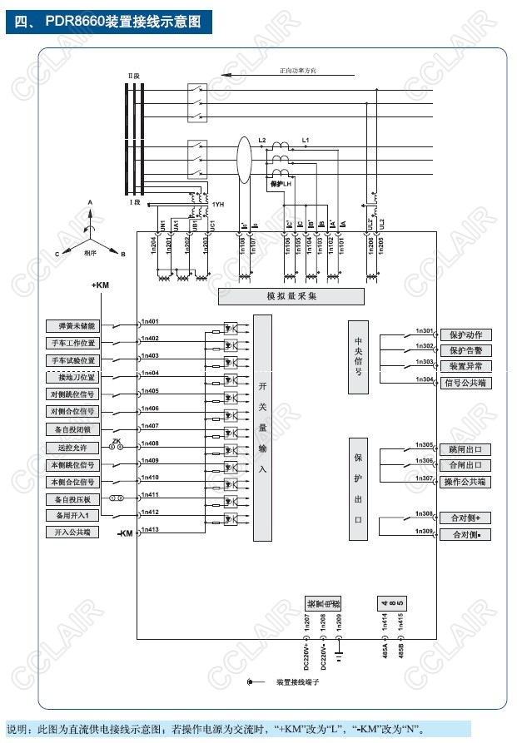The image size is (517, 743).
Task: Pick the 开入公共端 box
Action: pyautogui.click(x=73, y=532)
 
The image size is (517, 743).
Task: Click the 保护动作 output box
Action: pyautogui.click(x=465, y=334)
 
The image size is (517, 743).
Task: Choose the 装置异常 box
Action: pyautogui.click(x=465, y=366)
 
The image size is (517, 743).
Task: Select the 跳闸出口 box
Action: pyautogui.click(x=465, y=449)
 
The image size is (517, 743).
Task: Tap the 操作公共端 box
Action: pyautogui.click(x=465, y=483)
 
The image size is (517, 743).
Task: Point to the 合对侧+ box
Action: pyautogui.click(x=465, y=518)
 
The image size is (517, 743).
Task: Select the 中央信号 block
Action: pyautogui.click(x=358, y=357)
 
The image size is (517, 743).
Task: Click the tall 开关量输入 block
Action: pyautogui.click(x=262, y=428)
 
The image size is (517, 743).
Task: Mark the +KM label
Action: pyautogui.click(x=101, y=286)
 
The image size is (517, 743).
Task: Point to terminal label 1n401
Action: pyautogui.click(x=150, y=321)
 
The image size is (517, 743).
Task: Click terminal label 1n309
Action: pyautogui.click(x=423, y=530)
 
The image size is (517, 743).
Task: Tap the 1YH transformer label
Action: pyautogui.click(x=218, y=205)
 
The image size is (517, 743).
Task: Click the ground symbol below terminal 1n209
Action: pyautogui.click(x=339, y=655)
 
